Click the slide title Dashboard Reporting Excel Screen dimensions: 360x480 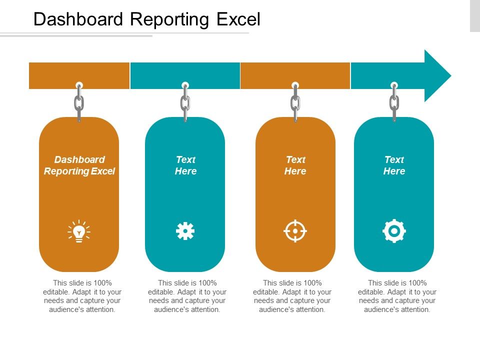(146, 19)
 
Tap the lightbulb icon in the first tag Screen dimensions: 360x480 (79, 231)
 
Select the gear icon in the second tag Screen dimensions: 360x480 (185, 231)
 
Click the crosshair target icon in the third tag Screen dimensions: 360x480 (295, 231)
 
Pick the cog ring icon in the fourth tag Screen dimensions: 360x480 (394, 231)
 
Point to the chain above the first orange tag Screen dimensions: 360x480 (79, 103)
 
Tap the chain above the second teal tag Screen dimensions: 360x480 (185, 103)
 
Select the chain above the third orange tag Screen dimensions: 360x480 (295, 103)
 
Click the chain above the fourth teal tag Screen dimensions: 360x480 (394, 103)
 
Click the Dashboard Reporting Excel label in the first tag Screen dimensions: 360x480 (79, 165)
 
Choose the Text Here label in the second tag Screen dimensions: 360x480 (185, 165)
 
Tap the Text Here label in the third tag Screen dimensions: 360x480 (295, 165)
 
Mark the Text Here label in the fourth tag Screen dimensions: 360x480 (394, 165)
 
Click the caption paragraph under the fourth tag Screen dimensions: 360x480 (397, 296)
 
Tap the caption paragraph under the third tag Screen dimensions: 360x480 (292, 296)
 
